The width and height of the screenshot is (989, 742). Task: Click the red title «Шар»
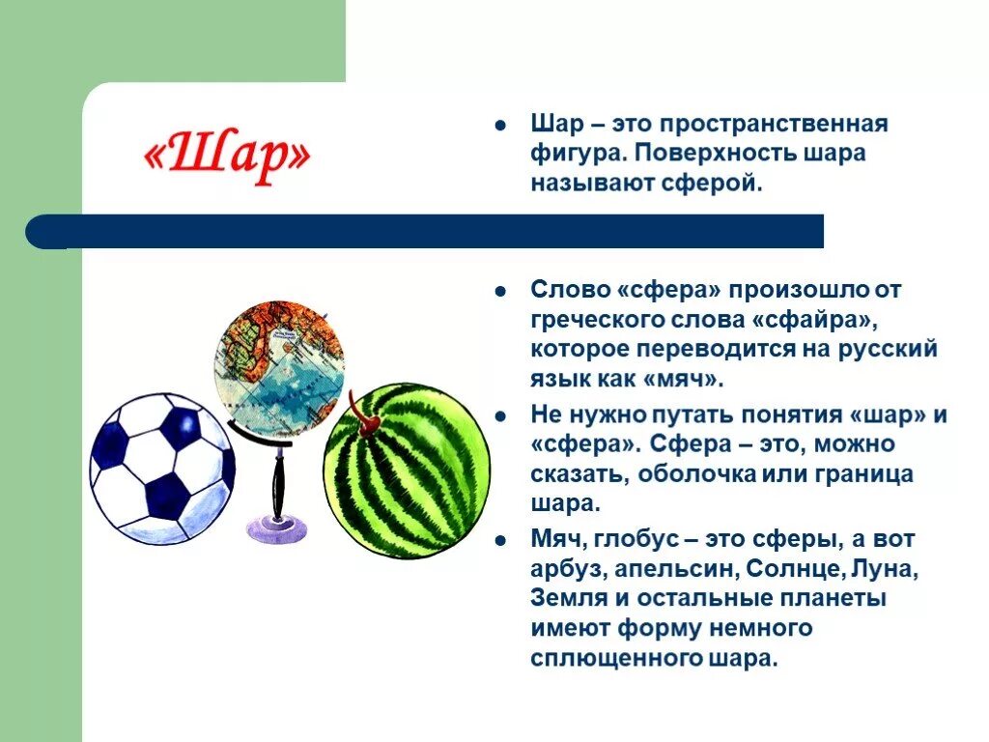pyautogui.click(x=227, y=157)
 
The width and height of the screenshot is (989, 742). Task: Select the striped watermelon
pyautogui.click(x=407, y=471)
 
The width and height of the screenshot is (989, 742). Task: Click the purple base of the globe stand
pyautogui.click(x=277, y=528)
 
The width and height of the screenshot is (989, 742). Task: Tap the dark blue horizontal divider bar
pyautogui.click(x=425, y=232)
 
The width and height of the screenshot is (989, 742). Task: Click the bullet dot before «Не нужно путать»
pyautogui.click(x=500, y=415)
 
